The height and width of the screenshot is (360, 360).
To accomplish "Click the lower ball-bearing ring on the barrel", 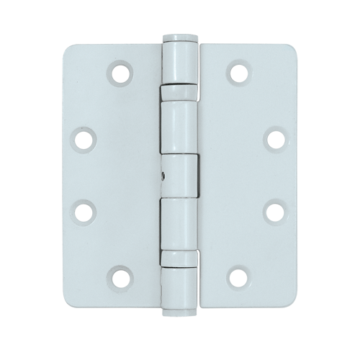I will (179, 256).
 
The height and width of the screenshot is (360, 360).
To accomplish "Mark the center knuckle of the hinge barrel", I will (180, 175).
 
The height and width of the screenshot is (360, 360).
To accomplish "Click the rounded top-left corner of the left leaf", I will (73, 50).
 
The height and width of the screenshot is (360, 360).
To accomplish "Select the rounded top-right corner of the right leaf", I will (287, 50).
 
